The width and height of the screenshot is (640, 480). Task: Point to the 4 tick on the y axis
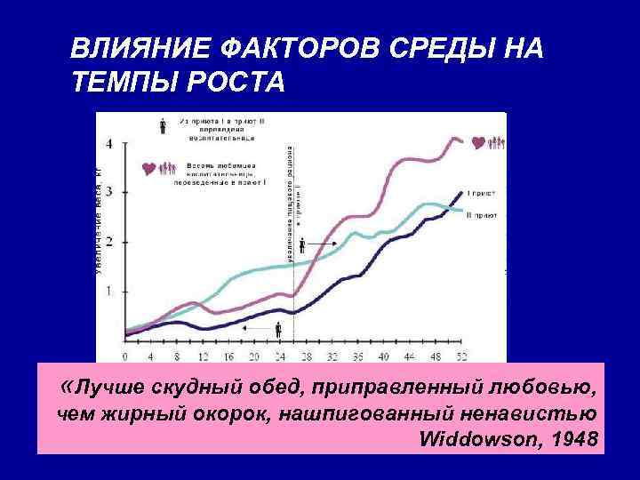coord(110,143)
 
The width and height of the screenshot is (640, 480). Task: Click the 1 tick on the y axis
coord(110,291)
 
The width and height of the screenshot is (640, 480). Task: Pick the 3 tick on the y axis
coord(110,192)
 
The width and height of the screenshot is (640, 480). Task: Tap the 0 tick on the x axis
coord(124,356)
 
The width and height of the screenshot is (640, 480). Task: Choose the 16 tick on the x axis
coord(228,356)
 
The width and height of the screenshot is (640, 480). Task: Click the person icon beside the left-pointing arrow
coord(278,329)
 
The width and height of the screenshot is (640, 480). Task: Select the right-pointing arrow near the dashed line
coord(315,242)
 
